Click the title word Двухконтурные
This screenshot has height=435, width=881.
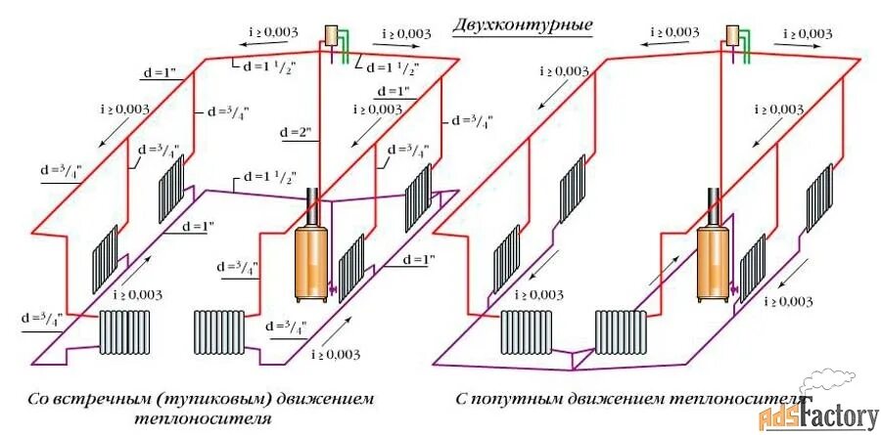click(x=523, y=24)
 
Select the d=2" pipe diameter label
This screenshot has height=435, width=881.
click(x=293, y=131)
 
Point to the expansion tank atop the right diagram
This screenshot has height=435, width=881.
click(x=731, y=33)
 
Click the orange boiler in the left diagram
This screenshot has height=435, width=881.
click(x=311, y=261)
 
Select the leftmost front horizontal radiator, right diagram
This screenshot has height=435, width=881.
click(x=527, y=332)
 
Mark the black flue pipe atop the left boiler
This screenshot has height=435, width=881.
click(x=314, y=206)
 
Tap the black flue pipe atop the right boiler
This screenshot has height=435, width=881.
click(x=716, y=204)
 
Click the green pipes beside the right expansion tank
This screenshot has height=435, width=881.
click(x=749, y=45)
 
